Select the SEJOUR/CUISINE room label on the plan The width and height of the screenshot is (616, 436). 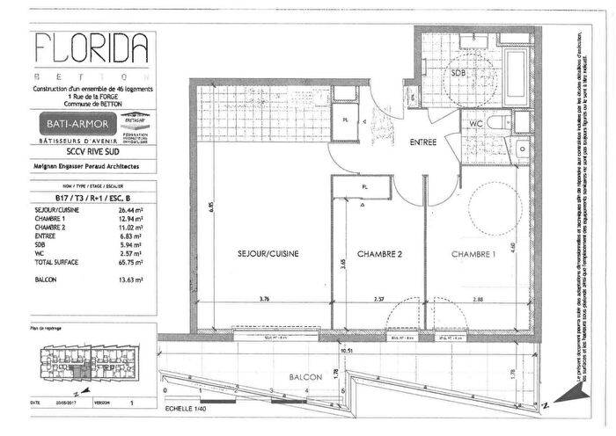(x=268, y=254)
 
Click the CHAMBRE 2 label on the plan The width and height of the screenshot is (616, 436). (x=379, y=254)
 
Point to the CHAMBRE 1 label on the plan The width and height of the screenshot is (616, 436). (x=473, y=254)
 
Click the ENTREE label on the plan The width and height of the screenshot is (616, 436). (x=422, y=141)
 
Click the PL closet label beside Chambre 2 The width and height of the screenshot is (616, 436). (x=364, y=187)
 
